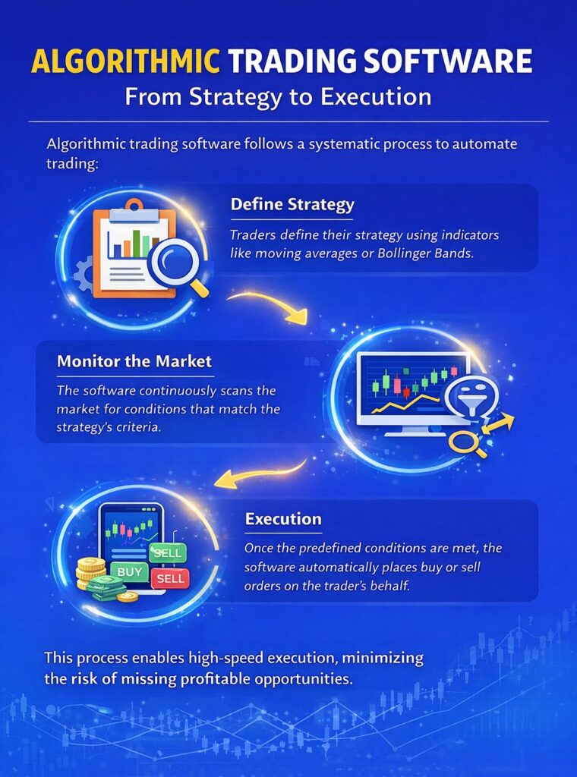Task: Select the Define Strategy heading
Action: point(292,205)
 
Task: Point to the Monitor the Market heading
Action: point(134,361)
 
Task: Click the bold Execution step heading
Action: point(282,520)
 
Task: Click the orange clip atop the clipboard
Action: point(134,204)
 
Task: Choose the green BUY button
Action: point(129,571)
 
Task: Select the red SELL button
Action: point(169,579)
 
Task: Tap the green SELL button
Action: point(167,552)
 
